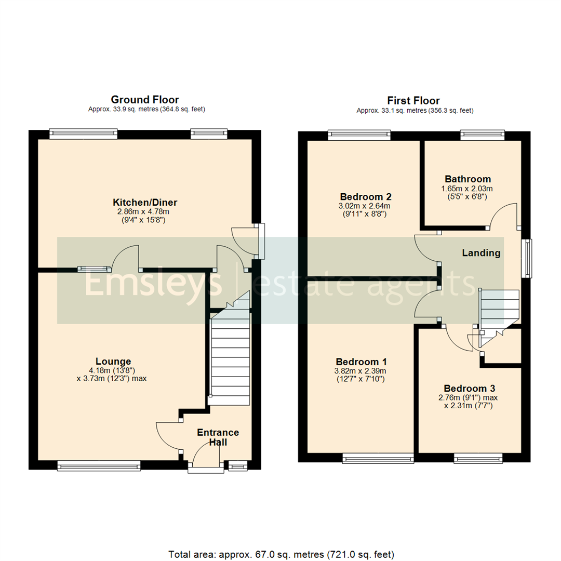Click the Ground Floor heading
pos(145,99)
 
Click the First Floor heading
pos(413,100)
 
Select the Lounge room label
pos(113,362)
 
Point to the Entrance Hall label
pos(218,437)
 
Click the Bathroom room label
pos(466,179)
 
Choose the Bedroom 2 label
pos(366,197)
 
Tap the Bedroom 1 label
pos(361,362)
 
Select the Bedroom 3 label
pos(470,388)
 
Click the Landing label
pos(482,253)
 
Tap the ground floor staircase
pos(229,358)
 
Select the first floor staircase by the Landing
pos(499,317)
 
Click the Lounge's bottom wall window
pos(99,466)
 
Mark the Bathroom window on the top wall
pos(483,135)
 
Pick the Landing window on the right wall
pos(527,258)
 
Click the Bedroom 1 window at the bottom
pos(378,458)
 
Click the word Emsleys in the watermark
pos(153,284)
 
